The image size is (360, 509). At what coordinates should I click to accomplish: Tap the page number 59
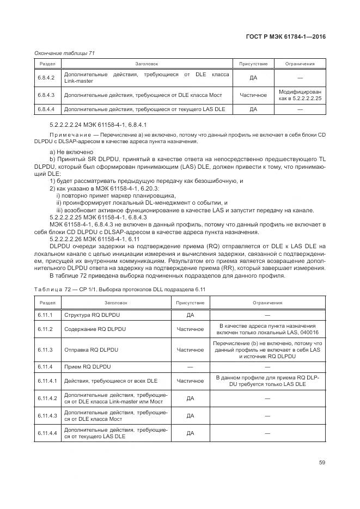322,463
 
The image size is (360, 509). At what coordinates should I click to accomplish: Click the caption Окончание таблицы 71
64,53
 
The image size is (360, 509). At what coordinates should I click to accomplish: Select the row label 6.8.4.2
46,78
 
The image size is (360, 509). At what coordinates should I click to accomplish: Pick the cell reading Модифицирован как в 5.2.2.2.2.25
300,95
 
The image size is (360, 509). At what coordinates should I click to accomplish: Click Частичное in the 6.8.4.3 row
253,95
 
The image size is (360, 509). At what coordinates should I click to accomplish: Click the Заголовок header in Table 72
117,303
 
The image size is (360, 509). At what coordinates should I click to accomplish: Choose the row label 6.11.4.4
47,433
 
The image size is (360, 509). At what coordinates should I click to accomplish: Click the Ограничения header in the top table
300,64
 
